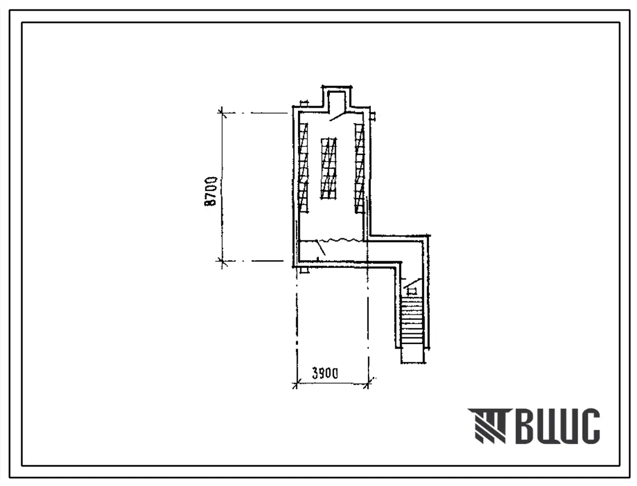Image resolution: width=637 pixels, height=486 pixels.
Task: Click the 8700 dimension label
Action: click(211, 191)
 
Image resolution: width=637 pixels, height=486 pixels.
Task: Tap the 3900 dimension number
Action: click(324, 372)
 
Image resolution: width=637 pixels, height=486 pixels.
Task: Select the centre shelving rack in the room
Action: click(329, 169)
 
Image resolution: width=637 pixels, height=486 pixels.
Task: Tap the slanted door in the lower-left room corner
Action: click(320, 247)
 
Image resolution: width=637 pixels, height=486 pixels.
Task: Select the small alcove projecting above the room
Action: click(337, 97)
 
